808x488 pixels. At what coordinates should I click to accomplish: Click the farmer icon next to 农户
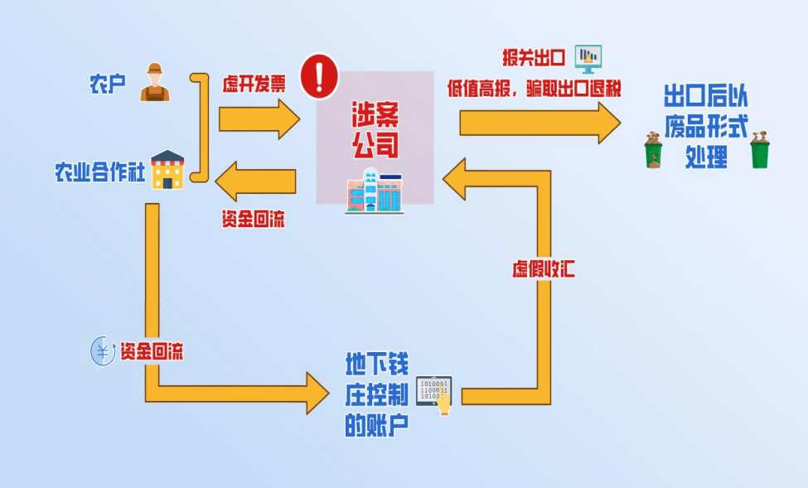[154, 82]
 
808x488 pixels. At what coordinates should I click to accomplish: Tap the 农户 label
[107, 84]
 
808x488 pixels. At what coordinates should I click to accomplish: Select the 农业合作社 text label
[99, 173]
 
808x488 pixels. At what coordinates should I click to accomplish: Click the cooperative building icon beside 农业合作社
[167, 170]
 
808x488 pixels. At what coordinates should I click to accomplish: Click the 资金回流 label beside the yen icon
[151, 351]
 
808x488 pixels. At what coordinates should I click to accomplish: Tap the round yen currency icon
[102, 351]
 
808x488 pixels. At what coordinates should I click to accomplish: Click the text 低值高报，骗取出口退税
[534, 88]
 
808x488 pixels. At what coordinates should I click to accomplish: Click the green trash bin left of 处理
[654, 152]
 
